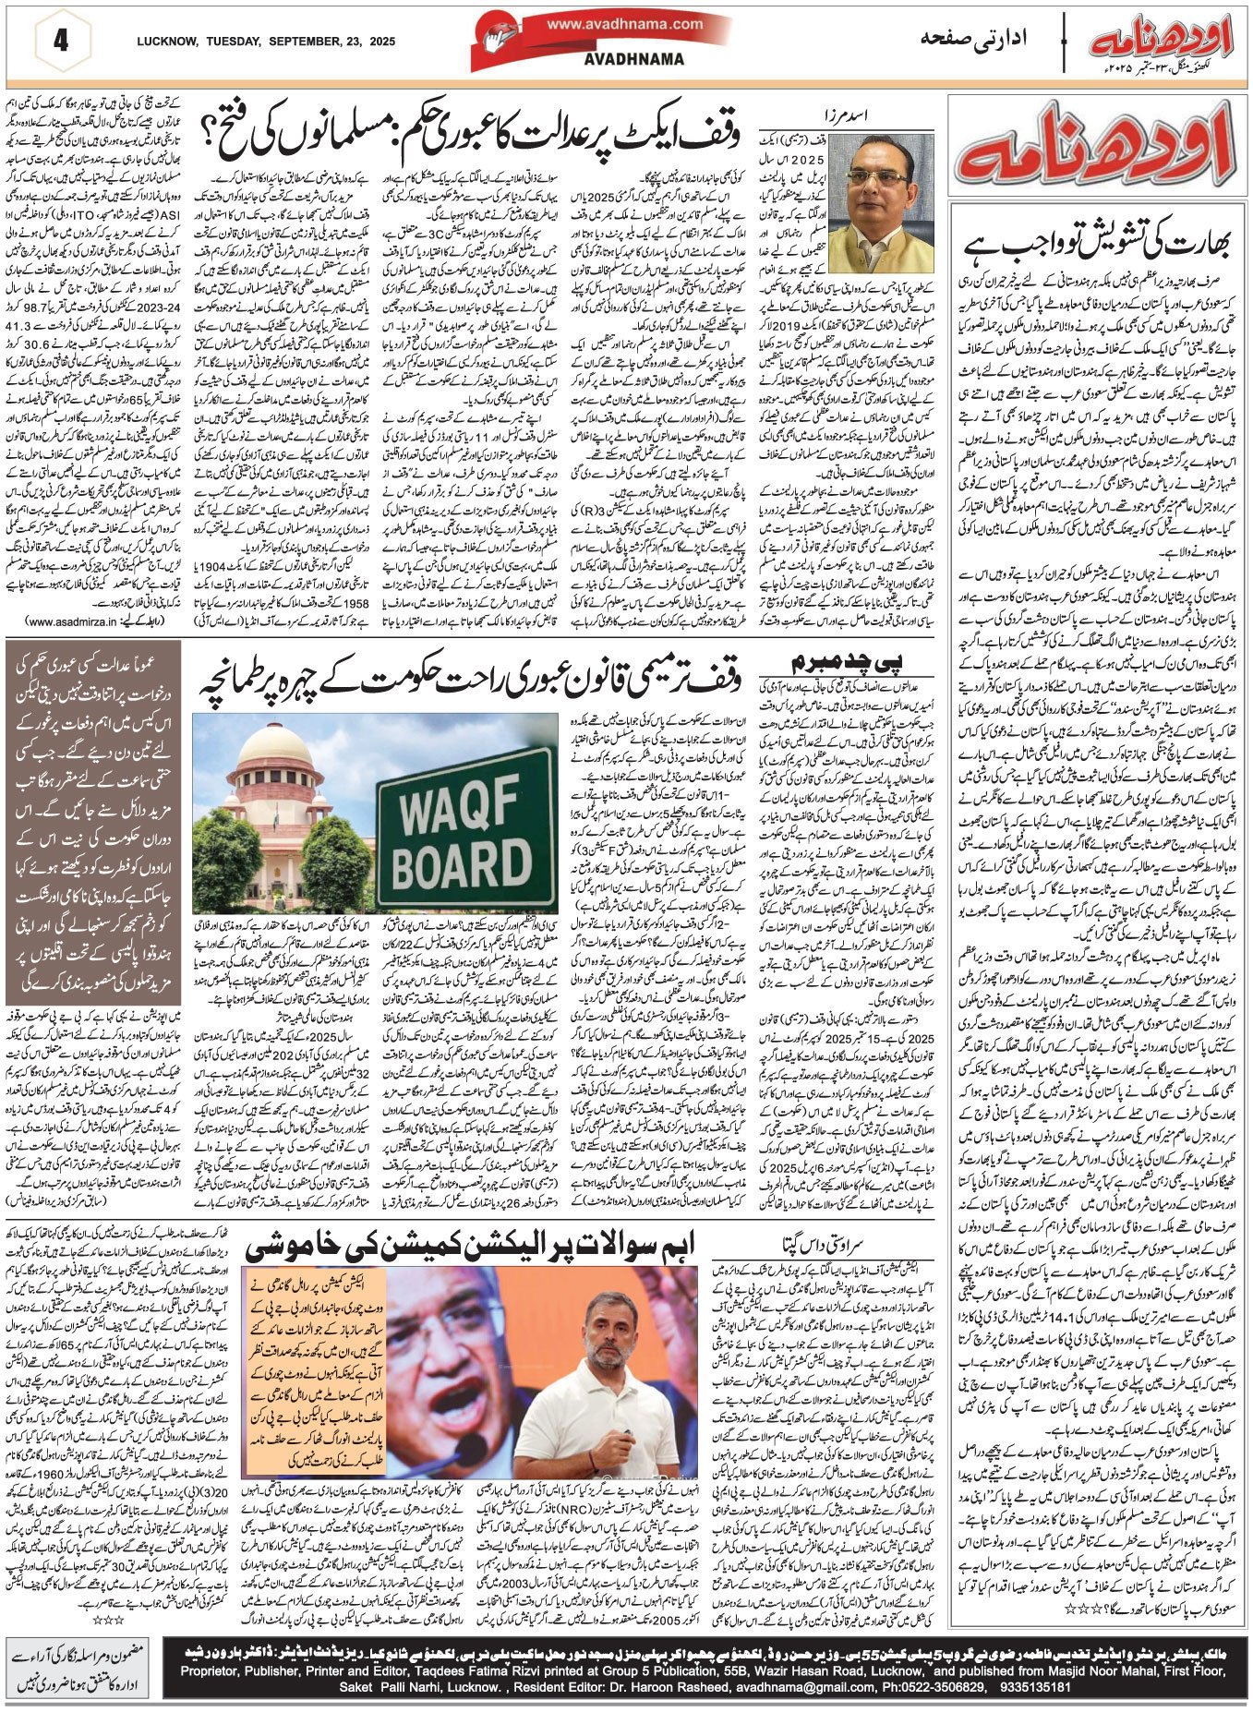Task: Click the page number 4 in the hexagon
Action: [x=61, y=42]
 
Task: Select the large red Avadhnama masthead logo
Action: [x=1097, y=149]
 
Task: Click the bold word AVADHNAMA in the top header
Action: [x=634, y=59]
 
